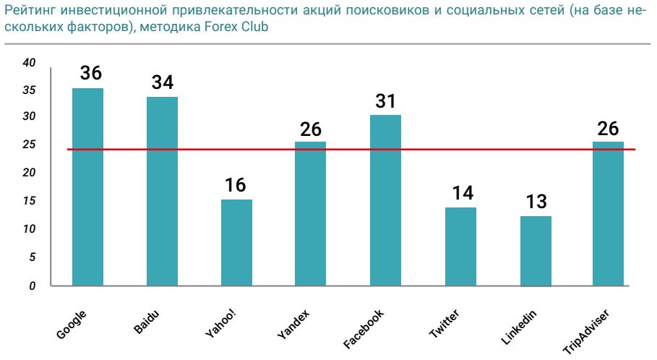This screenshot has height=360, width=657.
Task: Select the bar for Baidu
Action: (162, 192)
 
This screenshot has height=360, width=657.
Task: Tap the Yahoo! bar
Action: (236, 243)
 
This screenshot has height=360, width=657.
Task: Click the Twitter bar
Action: (460, 247)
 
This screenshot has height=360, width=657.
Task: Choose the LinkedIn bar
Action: (536, 251)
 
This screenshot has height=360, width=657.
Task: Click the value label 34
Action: (163, 82)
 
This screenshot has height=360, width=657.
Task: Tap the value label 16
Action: (236, 185)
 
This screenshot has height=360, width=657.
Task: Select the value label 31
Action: (385, 101)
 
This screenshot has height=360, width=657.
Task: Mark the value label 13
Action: (536, 201)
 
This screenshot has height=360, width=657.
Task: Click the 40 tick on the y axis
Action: (30, 63)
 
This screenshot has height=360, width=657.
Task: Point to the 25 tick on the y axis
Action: (30, 145)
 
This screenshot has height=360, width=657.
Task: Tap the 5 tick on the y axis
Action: (32, 257)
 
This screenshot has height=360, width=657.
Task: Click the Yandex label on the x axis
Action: (293, 325)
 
